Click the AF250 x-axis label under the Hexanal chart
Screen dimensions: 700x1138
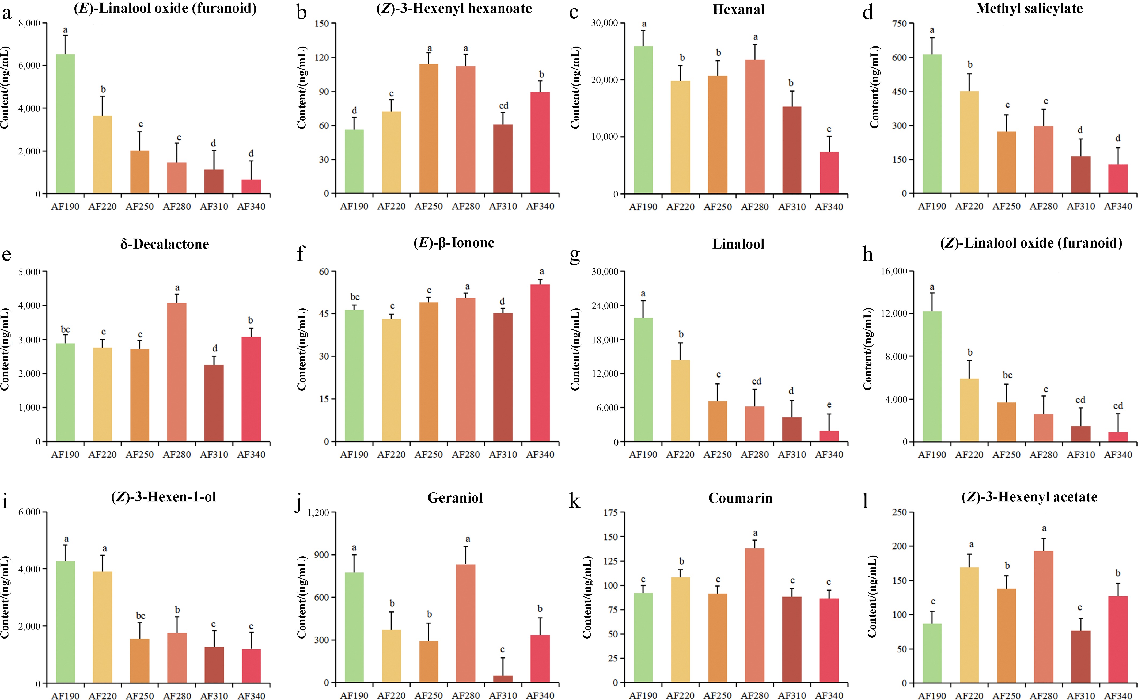(x=717, y=207)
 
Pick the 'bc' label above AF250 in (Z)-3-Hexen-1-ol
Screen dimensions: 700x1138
(x=140, y=616)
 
